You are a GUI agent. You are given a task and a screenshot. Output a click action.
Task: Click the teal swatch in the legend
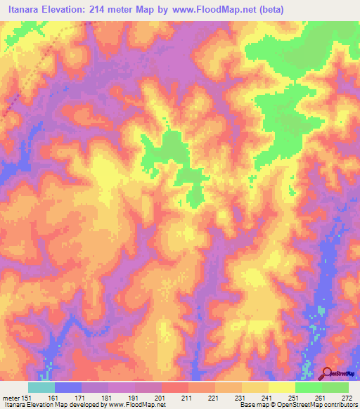41,387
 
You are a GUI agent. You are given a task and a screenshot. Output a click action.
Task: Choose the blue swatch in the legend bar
68,387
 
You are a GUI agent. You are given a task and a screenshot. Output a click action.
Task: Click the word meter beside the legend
11,396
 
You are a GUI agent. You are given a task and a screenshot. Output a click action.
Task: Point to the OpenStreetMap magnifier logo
328,374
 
